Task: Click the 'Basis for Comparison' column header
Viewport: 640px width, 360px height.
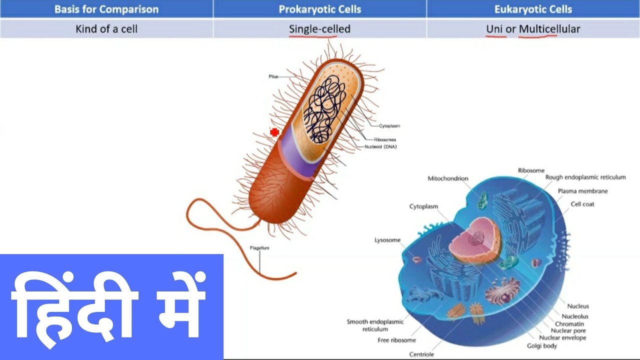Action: [x=106, y=9]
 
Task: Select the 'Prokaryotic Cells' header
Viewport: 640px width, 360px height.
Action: [x=320, y=9]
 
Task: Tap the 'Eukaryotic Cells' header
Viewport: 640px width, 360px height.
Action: [x=533, y=9]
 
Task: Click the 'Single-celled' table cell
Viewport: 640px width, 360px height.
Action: [x=320, y=29]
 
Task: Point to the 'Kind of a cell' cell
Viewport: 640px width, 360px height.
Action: [x=106, y=29]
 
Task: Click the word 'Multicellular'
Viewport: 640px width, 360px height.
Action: [x=549, y=29]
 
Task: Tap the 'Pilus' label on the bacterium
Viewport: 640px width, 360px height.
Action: [x=273, y=76]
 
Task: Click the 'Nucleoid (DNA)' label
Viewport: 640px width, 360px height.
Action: [x=381, y=146]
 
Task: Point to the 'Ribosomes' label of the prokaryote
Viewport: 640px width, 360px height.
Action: [x=385, y=139]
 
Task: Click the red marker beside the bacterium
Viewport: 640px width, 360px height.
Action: [x=274, y=132]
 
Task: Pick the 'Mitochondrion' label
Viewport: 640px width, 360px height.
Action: [x=448, y=178]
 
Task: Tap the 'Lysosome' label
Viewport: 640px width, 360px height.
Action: [x=387, y=240]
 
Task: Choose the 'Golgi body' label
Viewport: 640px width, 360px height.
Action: [x=542, y=345]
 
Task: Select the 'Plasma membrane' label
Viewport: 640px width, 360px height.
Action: [x=583, y=191]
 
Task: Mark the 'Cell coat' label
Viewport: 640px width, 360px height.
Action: [x=582, y=204]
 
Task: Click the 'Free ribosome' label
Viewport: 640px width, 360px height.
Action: [x=396, y=340]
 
